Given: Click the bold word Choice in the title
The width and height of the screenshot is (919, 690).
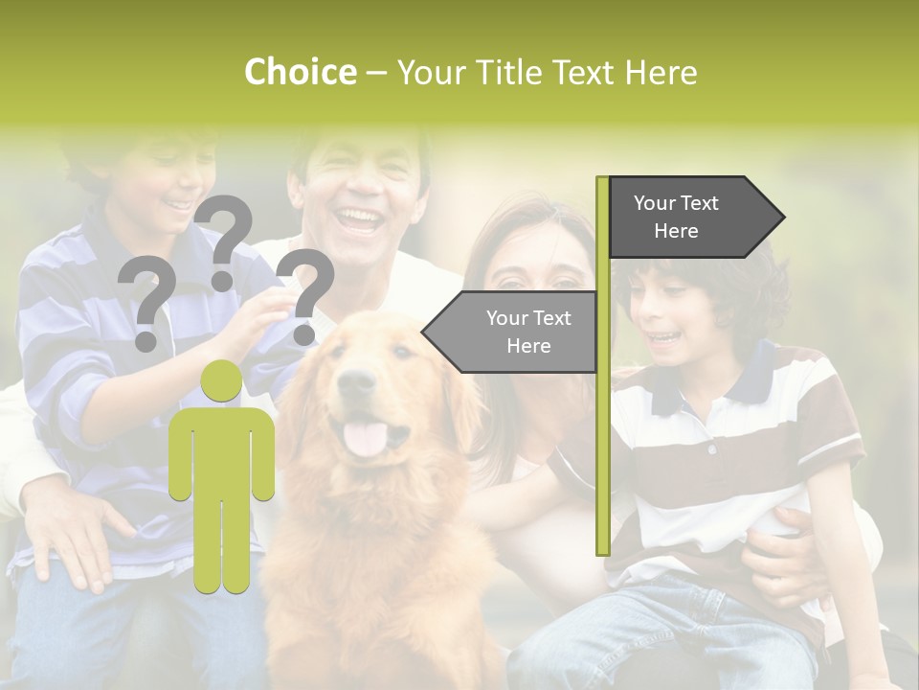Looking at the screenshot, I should click(300, 73).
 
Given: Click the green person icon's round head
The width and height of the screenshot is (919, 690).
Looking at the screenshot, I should click(221, 382).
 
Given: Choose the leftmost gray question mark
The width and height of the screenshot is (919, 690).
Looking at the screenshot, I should click(146, 303).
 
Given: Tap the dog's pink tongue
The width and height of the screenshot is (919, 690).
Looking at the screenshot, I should click(365, 438).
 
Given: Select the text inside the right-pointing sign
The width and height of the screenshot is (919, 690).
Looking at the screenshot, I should click(676, 217).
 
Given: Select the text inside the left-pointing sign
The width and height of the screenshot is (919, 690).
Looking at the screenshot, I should click(528, 332).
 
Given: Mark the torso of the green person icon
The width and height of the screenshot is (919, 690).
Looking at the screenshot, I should click(221, 450).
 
